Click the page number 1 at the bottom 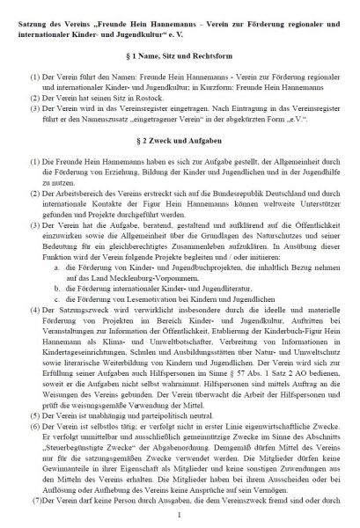[180, 519]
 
